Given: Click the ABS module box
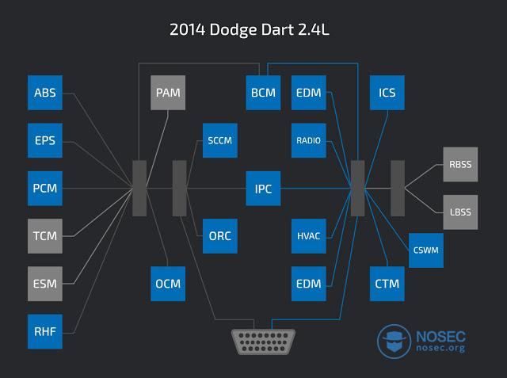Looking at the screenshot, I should pos(44,94).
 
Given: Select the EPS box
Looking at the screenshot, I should pos(44,141).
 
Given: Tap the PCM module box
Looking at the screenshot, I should pos(44,189).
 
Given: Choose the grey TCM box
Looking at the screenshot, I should pos(44,235).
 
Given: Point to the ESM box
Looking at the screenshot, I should pos(44,283).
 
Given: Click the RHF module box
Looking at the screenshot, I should pos(44,330).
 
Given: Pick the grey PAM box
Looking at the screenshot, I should pos(168,94).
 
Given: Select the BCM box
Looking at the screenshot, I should pos(263,94).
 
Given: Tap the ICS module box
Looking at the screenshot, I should pos(387,94).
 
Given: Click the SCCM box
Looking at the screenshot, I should pos(220,141).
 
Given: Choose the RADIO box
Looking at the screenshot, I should pos(309,141).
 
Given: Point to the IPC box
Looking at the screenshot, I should pos(263,189).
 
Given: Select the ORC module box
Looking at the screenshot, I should pos(220,235).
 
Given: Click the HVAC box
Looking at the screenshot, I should pos(309,235).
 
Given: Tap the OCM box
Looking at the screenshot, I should pos(168,283).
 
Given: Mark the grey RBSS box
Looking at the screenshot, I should pos(460,165).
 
